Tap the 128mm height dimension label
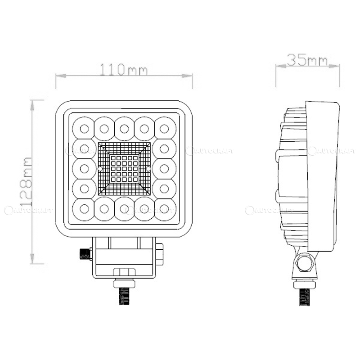(x=27, y=181)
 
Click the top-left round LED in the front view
(x=84, y=129)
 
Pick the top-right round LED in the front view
(x=164, y=129)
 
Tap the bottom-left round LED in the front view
(x=84, y=209)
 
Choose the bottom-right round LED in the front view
(x=164, y=209)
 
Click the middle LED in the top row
(x=124, y=129)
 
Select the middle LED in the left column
(x=84, y=169)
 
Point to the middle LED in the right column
(x=164, y=169)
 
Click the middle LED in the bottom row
(x=124, y=209)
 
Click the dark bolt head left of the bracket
(x=85, y=254)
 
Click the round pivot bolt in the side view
(x=305, y=262)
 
